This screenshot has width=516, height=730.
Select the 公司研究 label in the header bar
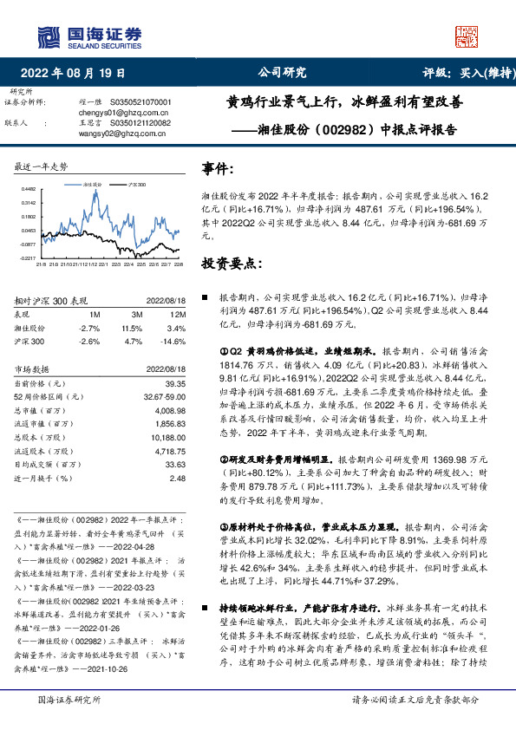click(x=283, y=74)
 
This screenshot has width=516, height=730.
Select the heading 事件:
click(x=218, y=168)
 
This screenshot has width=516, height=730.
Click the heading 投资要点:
click(x=232, y=262)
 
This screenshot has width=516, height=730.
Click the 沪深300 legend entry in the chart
click(x=133, y=185)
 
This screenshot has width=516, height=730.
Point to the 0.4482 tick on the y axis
click(x=29, y=188)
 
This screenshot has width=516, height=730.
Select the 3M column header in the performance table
click(x=136, y=314)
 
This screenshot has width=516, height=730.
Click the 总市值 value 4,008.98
click(x=170, y=412)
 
